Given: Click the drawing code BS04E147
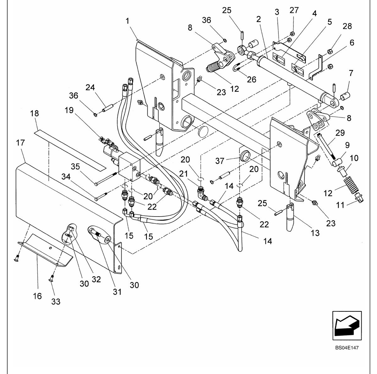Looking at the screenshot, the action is point(347,348).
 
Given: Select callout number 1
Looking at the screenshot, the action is point(128,21).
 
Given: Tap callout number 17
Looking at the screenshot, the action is point(20,143).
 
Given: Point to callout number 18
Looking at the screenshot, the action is point(35,113).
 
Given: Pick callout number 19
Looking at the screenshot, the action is point(69,110).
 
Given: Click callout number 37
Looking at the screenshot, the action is point(220,161).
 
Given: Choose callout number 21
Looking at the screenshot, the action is point(183,173).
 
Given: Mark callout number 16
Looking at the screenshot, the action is point(37,296).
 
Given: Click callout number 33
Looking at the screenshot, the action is point(56,301).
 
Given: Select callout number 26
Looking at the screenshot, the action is point(252,80).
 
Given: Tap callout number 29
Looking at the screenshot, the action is point(340,133).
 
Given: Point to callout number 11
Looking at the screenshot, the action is point(340,205).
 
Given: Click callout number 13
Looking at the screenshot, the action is point(315,233).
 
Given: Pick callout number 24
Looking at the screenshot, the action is point(90,87).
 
